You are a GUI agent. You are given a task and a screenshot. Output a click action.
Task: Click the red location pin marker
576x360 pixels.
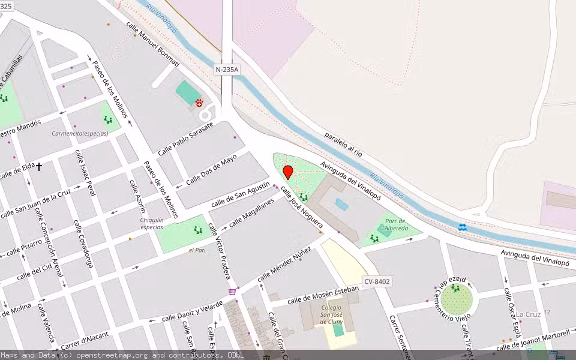coord(288,172)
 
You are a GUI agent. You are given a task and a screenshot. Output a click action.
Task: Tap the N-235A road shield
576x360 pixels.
coord(227,70)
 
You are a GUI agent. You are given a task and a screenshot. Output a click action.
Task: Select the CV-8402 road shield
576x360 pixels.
coord(377,281)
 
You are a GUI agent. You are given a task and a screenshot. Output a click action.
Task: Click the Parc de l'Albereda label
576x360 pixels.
coord(396,225)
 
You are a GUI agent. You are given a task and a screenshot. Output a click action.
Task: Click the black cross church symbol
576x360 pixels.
coord(39,166)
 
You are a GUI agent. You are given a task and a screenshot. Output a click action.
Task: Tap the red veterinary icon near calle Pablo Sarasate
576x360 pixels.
coord(199,103)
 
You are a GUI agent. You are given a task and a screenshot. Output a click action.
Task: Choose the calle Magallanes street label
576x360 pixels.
coord(251,212)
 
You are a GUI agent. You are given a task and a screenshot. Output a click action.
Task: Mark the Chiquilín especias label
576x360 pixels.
coord(152,223)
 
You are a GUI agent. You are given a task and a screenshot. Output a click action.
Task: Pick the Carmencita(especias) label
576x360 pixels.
coord(80,133)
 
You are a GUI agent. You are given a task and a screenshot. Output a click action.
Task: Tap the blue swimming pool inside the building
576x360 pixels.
coord(341,205)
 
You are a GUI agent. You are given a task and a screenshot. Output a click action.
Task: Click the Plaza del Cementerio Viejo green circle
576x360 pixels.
coord(455,299)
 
